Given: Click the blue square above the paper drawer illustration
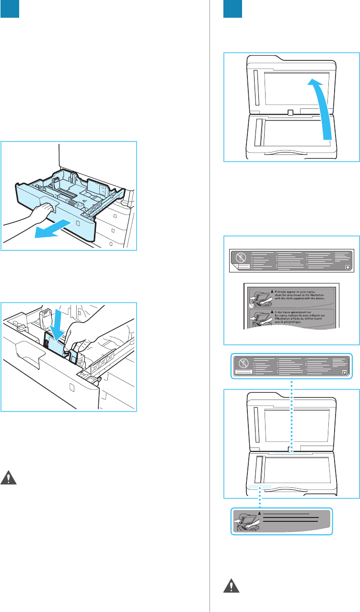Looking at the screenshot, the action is click(10, 10).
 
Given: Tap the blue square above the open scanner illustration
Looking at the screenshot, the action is click(233, 10).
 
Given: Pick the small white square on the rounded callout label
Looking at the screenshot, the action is click(346, 372).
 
